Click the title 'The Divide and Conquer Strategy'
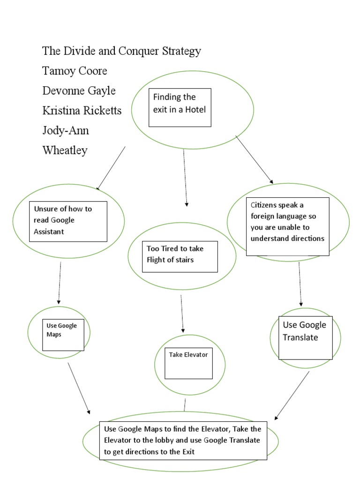click(x=121, y=51)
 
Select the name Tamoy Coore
click(x=75, y=71)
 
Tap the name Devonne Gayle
click(x=79, y=90)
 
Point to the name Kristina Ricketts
click(x=82, y=111)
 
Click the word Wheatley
click(x=65, y=150)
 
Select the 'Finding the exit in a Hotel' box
click(x=180, y=107)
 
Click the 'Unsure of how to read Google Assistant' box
click(x=67, y=221)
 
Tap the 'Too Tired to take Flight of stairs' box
click(x=180, y=256)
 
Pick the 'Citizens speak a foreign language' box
click(x=287, y=226)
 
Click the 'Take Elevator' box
click(x=188, y=362)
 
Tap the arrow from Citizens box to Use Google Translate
click(x=300, y=284)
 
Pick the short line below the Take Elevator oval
click(x=185, y=404)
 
